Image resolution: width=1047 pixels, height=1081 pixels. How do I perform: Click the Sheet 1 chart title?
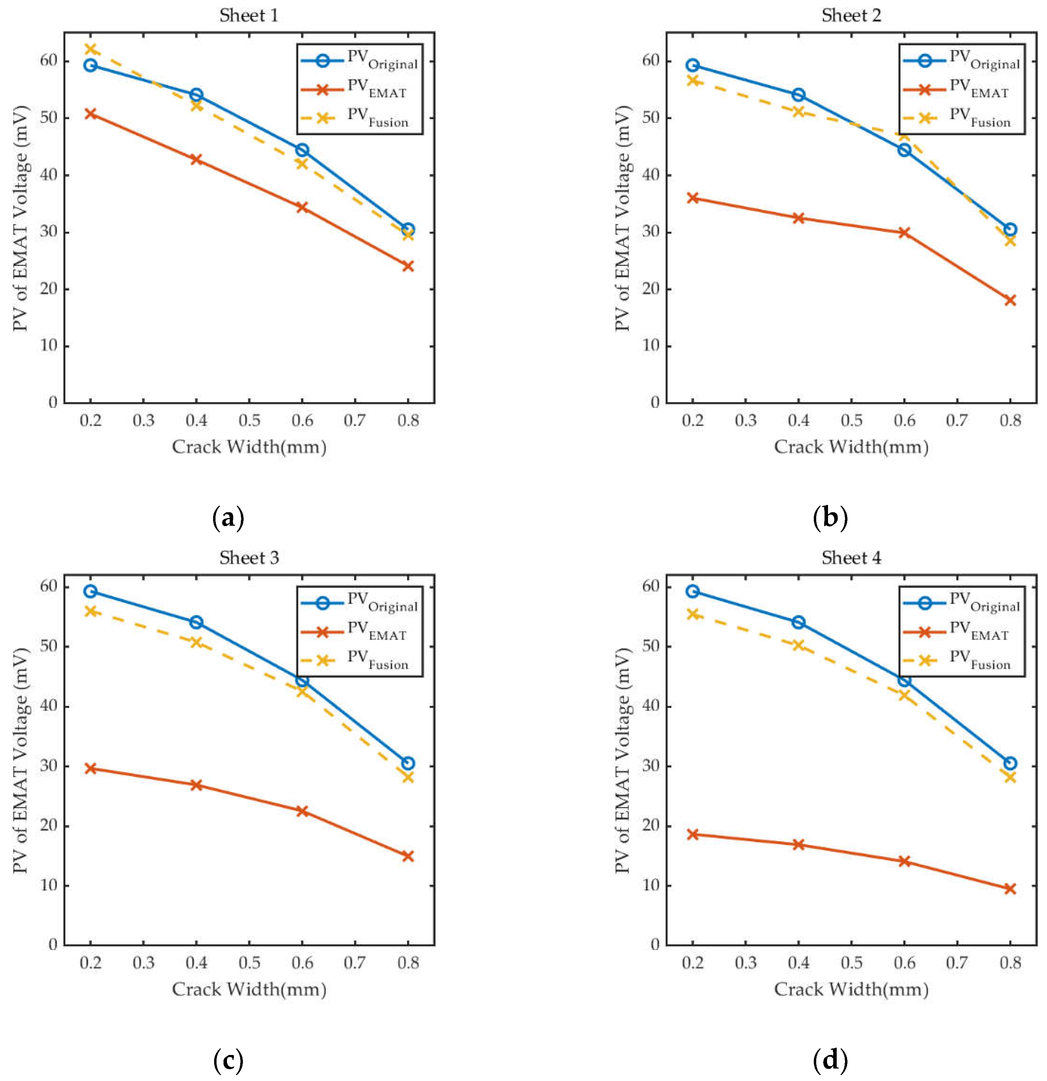click(249, 15)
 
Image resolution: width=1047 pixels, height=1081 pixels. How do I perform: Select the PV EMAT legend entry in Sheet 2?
click(960, 89)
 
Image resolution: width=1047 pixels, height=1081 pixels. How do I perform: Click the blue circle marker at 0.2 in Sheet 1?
click(91, 66)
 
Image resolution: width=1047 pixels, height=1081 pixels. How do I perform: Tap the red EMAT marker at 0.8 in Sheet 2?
click(1010, 301)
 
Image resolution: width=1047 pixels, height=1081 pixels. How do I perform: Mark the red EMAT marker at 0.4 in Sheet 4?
click(798, 844)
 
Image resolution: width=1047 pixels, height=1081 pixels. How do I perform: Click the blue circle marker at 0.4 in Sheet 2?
click(798, 95)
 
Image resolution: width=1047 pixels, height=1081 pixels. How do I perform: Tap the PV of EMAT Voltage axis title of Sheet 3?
click(20, 761)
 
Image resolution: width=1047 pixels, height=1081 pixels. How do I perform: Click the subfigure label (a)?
click(228, 517)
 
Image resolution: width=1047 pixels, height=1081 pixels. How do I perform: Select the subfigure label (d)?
click(830, 1059)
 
